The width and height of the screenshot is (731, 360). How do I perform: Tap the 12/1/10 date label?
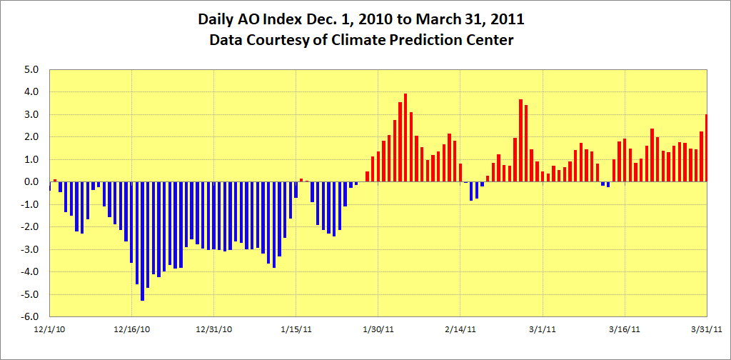click(50, 329)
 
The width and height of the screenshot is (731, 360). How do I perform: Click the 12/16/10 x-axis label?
click(132, 329)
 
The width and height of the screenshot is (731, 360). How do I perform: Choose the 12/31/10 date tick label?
click(214, 329)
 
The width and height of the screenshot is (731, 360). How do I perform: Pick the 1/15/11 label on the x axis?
click(296, 329)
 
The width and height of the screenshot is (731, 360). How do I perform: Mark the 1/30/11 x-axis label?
click(378, 329)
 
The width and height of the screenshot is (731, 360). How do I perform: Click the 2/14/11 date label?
click(460, 329)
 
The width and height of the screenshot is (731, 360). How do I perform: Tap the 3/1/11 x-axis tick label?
click(543, 329)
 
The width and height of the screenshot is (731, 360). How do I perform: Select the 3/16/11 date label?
click(625, 329)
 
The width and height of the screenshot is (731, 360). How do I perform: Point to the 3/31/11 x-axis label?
click(707, 329)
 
